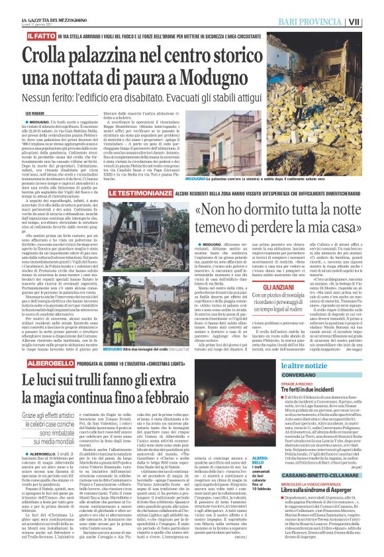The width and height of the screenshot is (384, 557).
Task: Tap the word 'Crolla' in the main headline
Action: click(x=58, y=53)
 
